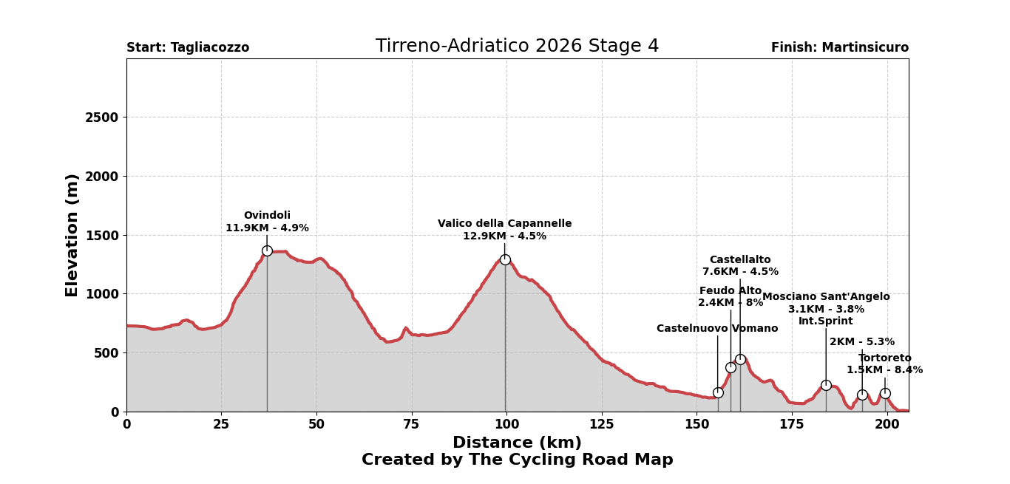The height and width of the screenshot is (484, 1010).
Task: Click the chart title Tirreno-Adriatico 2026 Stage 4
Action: pos(517,47)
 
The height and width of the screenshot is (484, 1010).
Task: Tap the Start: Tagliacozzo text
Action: pos(188,48)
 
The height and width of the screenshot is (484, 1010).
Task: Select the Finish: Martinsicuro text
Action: pos(839,48)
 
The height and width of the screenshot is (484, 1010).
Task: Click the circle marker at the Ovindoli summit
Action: pos(267,250)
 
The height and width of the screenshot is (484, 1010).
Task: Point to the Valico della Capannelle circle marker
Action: pos(505,259)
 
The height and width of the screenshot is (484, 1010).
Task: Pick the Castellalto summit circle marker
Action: pos(740,359)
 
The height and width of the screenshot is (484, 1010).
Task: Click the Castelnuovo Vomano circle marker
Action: pos(718,392)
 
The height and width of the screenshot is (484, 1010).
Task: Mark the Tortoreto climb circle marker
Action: pos(885,393)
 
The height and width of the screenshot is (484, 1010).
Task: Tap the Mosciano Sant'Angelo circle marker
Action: pos(826,385)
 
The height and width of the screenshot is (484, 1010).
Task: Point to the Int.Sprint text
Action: pos(825,321)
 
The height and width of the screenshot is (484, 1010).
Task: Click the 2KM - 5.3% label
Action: pos(861,342)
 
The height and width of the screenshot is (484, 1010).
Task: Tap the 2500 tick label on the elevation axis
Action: pos(101,117)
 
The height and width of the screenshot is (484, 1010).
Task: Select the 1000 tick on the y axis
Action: pos(101,294)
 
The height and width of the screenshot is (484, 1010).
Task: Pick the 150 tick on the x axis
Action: pos(697,425)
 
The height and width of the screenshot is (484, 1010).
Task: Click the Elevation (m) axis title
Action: pos(72,235)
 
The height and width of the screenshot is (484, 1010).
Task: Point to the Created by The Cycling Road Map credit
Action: pos(517,460)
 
